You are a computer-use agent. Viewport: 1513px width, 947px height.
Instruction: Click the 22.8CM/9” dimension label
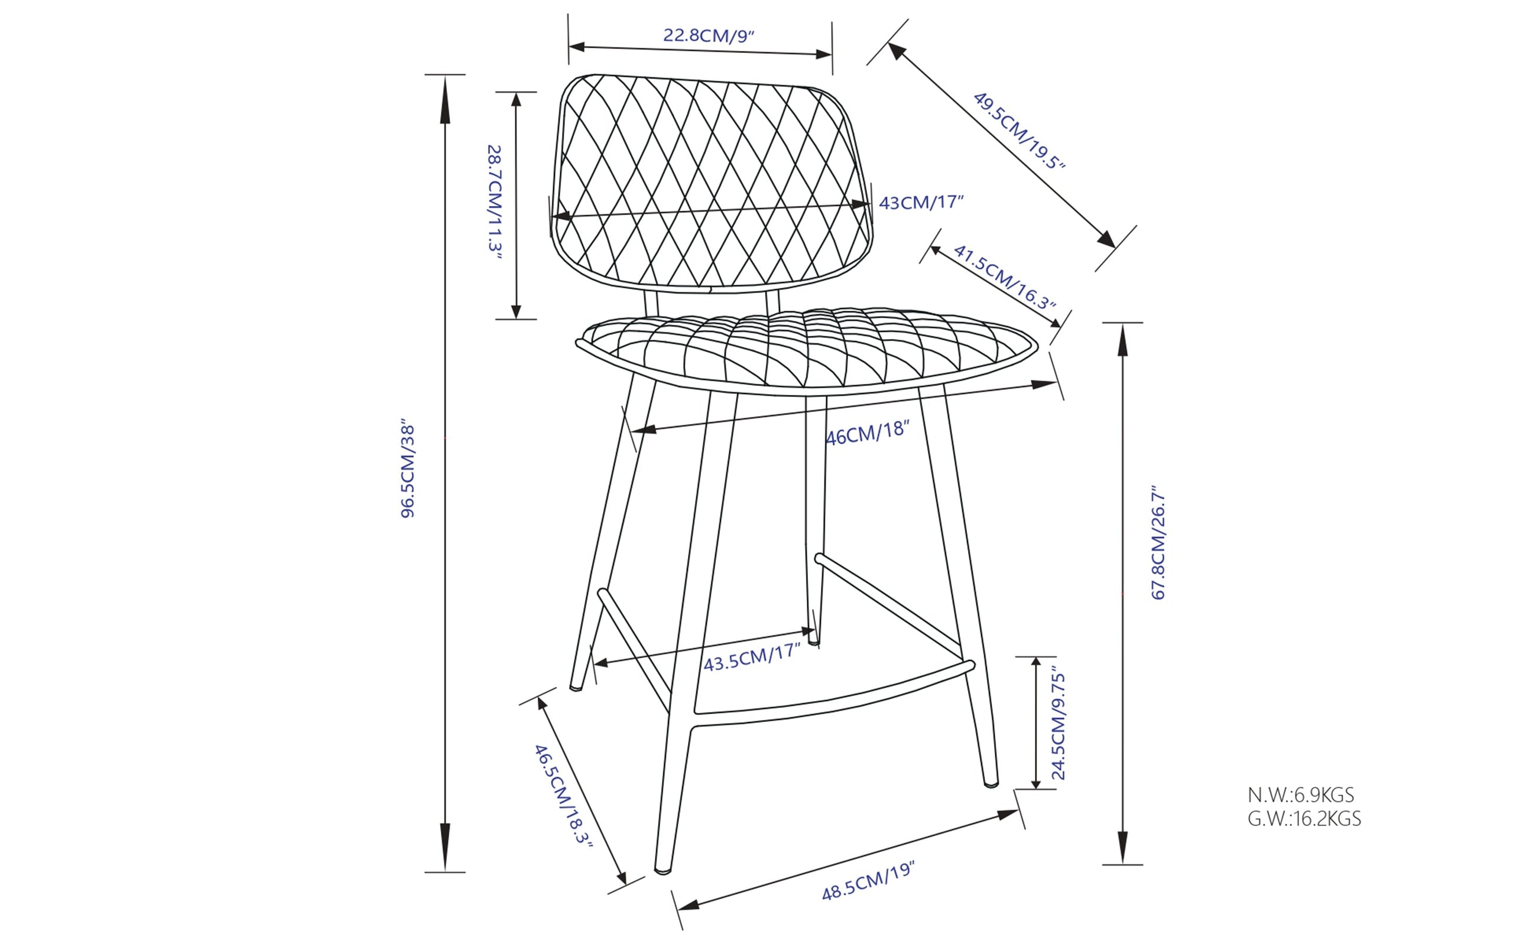click(709, 35)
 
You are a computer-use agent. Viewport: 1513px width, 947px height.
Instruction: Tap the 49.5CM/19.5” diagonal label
click(1020, 131)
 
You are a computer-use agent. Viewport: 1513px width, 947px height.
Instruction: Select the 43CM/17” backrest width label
click(921, 202)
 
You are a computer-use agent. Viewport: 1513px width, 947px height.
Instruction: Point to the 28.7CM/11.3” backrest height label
click(495, 198)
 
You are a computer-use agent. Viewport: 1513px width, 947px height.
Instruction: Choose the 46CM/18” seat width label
click(867, 433)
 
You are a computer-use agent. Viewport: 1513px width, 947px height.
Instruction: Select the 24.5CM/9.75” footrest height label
click(1058, 726)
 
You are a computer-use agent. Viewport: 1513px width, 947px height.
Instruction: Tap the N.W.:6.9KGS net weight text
click(1301, 795)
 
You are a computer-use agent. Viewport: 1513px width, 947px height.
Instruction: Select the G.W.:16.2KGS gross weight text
click(1304, 819)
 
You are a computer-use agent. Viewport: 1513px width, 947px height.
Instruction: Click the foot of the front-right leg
click(991, 783)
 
